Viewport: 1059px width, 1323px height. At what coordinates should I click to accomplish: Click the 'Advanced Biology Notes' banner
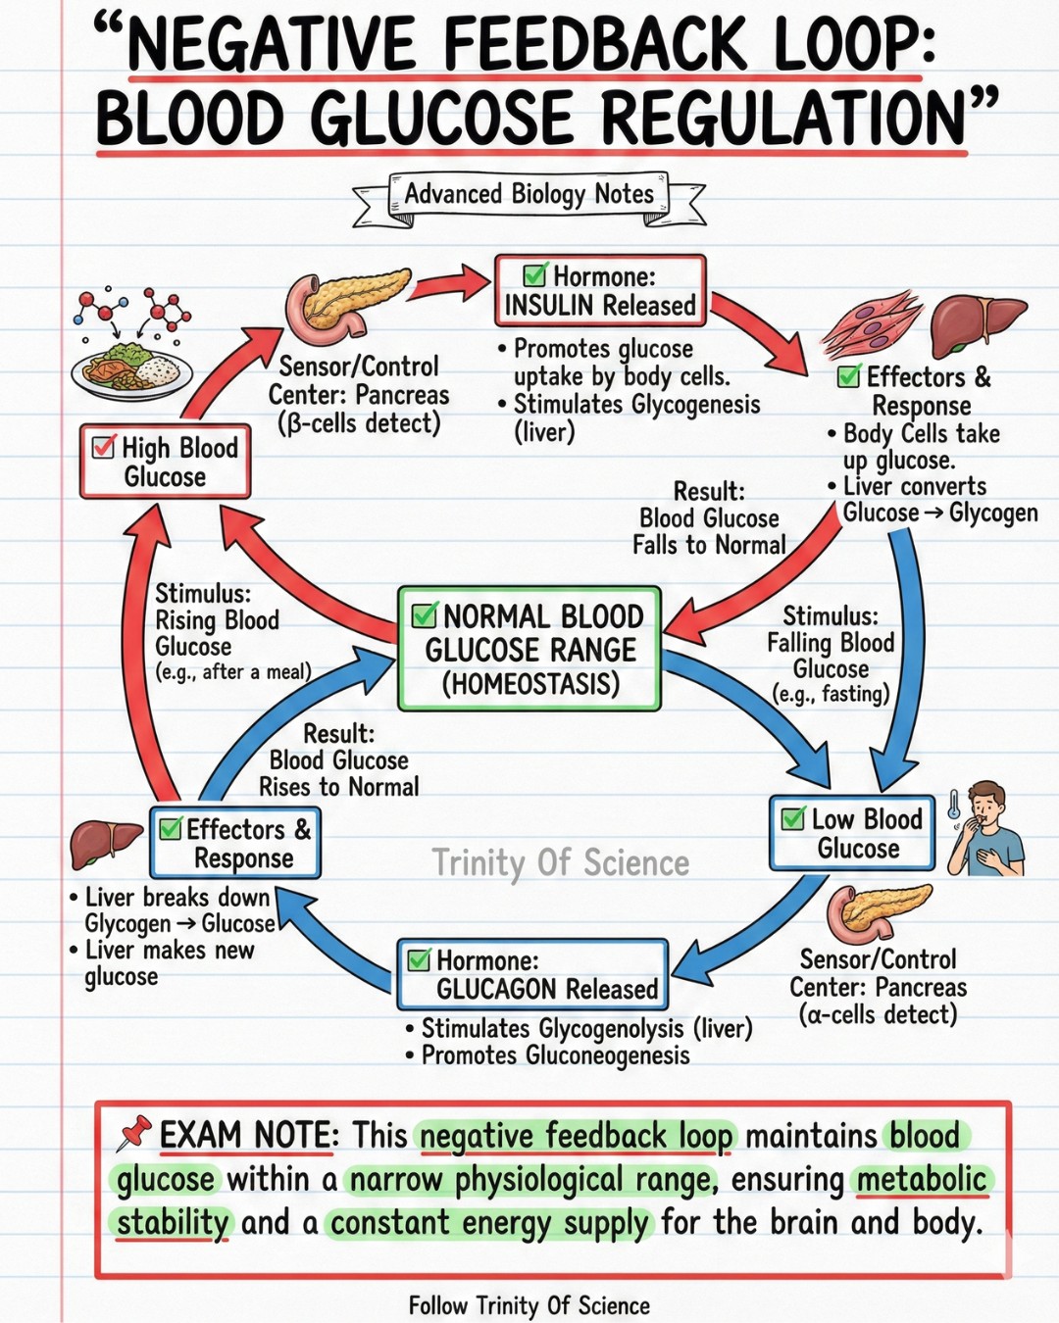529,196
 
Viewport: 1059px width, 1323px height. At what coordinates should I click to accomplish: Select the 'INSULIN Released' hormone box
600,291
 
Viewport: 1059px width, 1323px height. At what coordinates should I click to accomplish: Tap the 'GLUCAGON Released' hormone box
532,974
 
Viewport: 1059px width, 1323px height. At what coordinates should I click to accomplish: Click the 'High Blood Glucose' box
165,461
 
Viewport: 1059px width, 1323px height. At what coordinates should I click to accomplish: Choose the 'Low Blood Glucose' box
852,833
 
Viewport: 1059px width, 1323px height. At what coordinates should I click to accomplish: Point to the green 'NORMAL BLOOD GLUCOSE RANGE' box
529,649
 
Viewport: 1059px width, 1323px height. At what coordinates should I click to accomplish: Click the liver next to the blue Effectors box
106,846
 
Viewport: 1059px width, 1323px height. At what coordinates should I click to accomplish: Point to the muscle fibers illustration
872,324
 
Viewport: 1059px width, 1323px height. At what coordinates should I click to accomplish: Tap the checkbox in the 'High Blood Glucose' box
103,447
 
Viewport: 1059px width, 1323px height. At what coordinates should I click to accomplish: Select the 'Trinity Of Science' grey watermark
561,862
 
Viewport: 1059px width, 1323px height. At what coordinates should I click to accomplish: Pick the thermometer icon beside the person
954,806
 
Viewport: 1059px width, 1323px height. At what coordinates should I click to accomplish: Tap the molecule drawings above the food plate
131,310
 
